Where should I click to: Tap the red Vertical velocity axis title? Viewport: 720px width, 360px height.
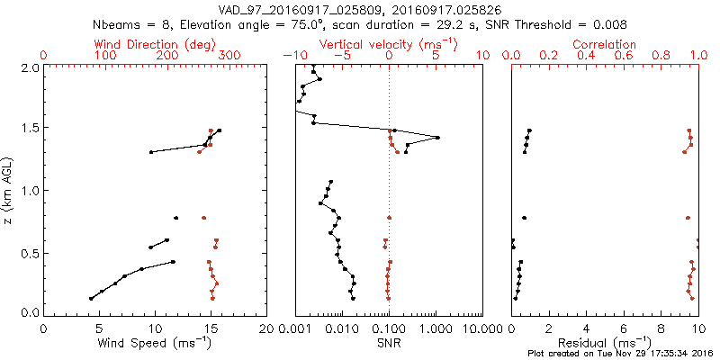click(388, 44)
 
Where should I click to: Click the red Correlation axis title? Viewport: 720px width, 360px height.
click(605, 44)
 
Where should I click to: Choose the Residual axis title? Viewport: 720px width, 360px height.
click(605, 342)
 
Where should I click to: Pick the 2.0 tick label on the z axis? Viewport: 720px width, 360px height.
click(29, 67)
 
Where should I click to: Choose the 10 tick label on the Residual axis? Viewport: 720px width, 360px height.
click(698, 328)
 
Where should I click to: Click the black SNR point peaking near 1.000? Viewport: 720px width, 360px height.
click(437, 138)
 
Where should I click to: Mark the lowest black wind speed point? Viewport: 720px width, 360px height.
click(91, 298)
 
